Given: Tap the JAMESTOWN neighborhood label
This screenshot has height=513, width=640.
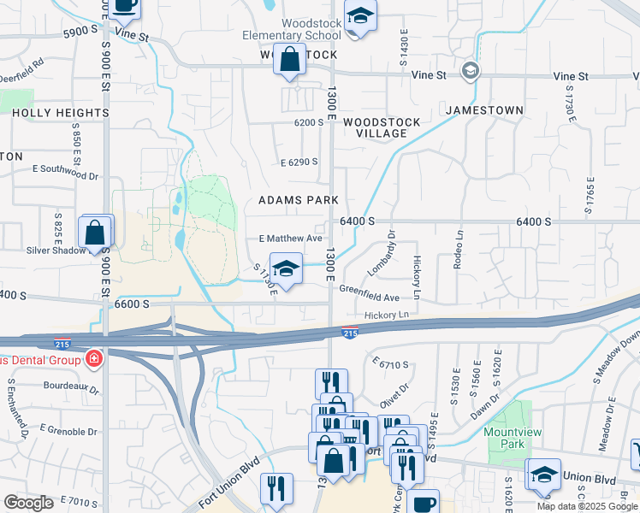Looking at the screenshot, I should point(483,110).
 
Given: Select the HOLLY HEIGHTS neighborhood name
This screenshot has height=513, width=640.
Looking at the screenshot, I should point(60,112).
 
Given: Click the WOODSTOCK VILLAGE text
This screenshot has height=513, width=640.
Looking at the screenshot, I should point(382,127).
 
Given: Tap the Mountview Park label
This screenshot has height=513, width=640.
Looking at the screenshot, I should point(513,439).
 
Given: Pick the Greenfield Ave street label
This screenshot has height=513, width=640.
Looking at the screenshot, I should point(369,298).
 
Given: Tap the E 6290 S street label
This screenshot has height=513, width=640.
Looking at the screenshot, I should point(299,162).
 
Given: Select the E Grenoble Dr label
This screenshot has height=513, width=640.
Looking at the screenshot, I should point(68,427).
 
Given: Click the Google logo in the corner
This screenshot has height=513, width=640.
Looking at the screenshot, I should point(28,502).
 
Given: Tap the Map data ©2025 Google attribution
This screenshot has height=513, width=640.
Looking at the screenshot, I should point(587,506).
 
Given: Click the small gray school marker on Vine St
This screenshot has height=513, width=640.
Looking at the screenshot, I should point(470,70).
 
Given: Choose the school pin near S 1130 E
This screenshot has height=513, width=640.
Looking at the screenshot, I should point(286,268).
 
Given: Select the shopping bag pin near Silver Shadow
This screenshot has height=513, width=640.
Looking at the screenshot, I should point(93,232).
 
